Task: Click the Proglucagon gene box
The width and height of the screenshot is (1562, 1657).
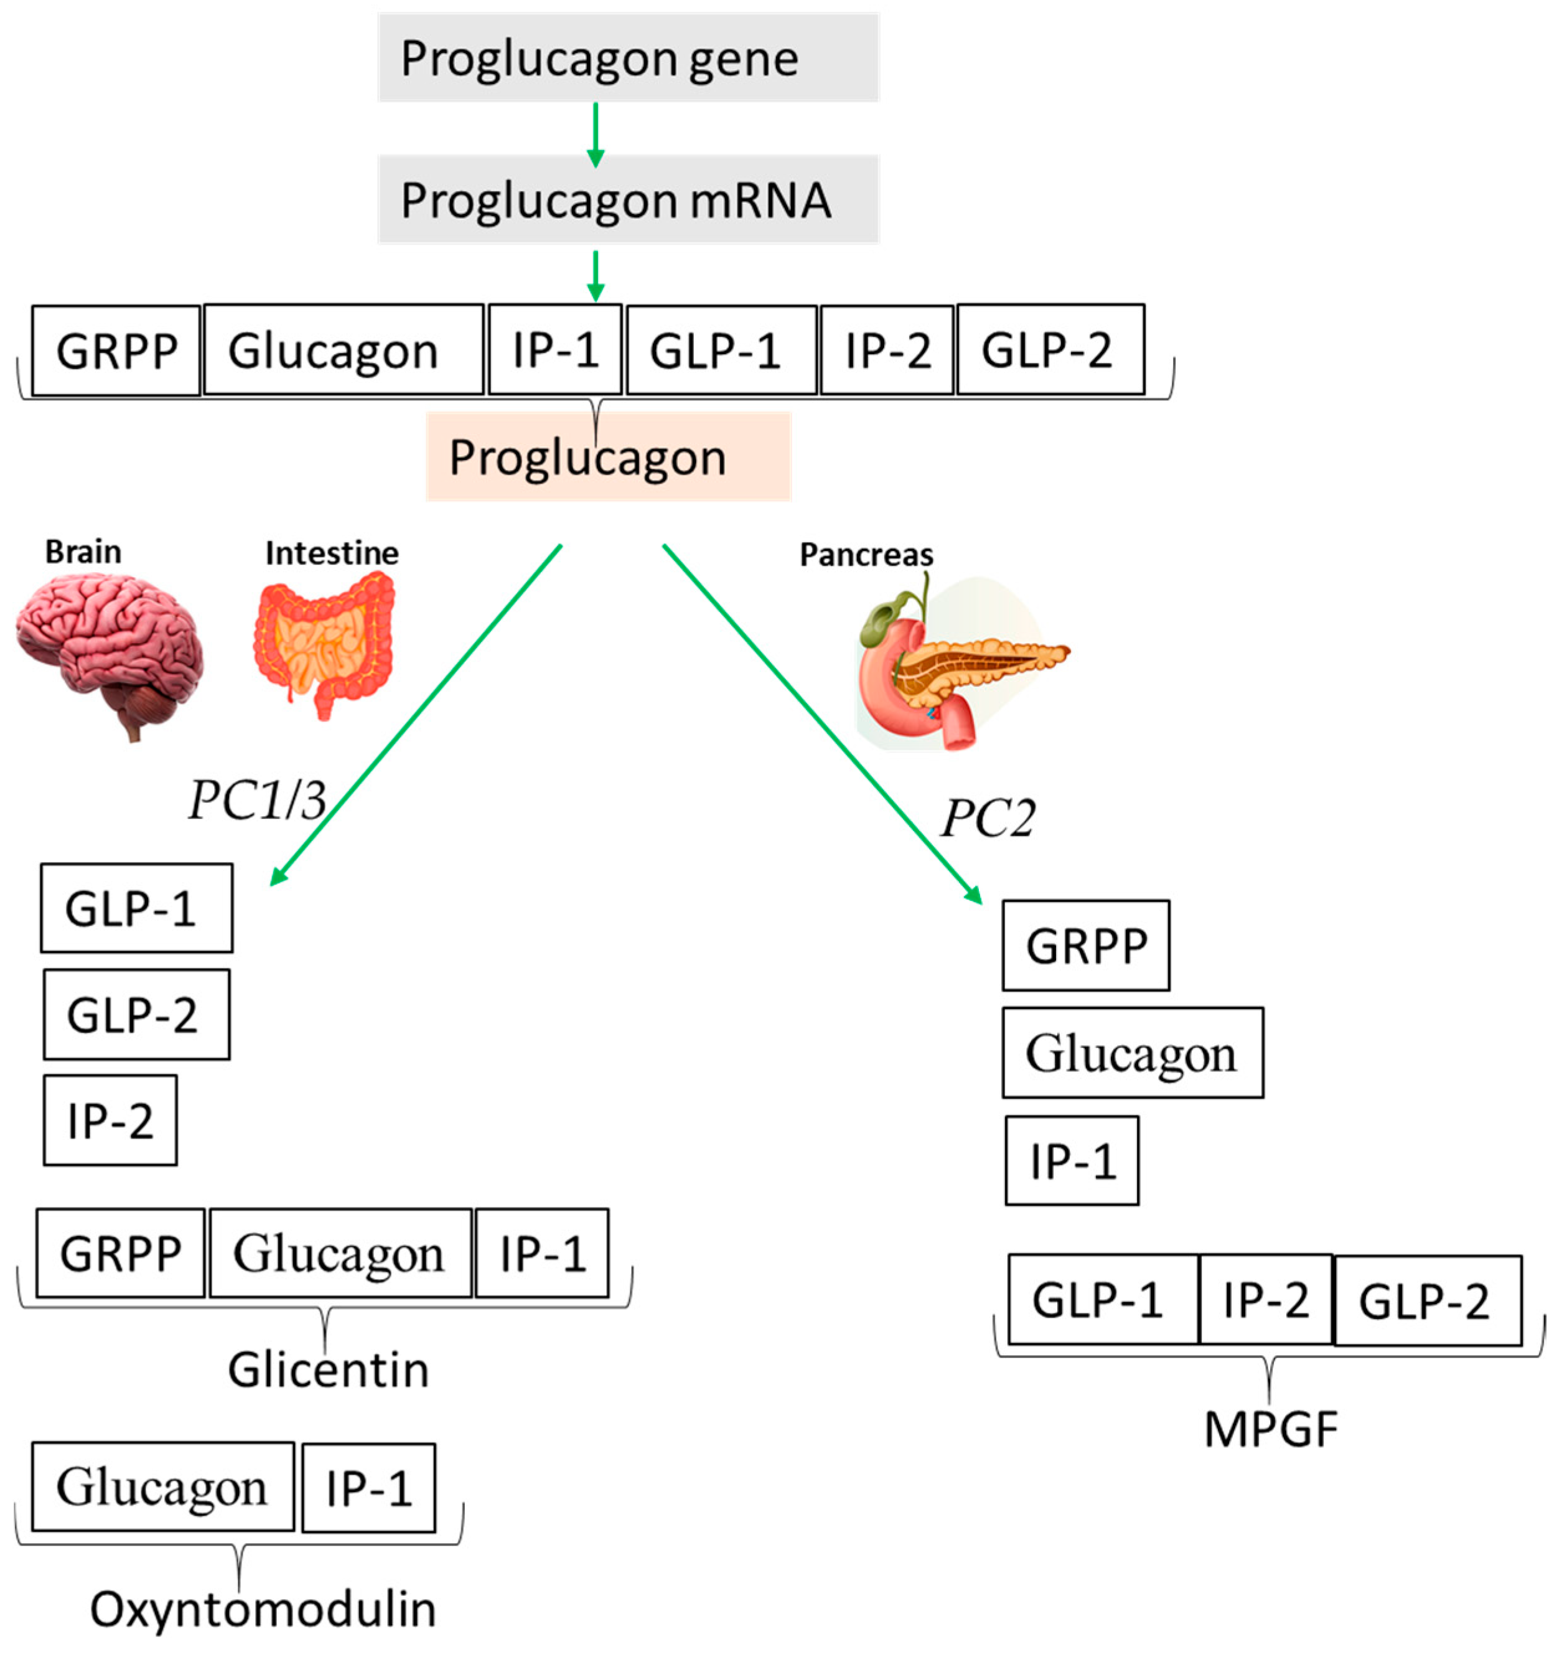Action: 628,57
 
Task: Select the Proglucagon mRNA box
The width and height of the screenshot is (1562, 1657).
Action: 628,199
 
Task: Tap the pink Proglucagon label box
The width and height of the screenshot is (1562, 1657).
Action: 607,457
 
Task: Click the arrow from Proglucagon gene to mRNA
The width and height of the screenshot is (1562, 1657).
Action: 595,133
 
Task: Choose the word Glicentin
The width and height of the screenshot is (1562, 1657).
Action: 329,1369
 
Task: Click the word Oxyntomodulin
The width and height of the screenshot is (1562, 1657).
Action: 263,1608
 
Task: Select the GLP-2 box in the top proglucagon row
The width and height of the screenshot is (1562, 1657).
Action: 1050,349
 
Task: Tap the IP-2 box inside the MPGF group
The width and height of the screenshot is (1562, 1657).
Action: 1265,1300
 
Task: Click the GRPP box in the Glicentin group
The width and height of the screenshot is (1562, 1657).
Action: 120,1254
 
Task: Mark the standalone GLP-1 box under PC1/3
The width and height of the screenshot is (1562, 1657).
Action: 136,908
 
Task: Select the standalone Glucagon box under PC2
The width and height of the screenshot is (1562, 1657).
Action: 1132,1053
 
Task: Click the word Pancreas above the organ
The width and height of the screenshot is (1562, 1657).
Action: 866,554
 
